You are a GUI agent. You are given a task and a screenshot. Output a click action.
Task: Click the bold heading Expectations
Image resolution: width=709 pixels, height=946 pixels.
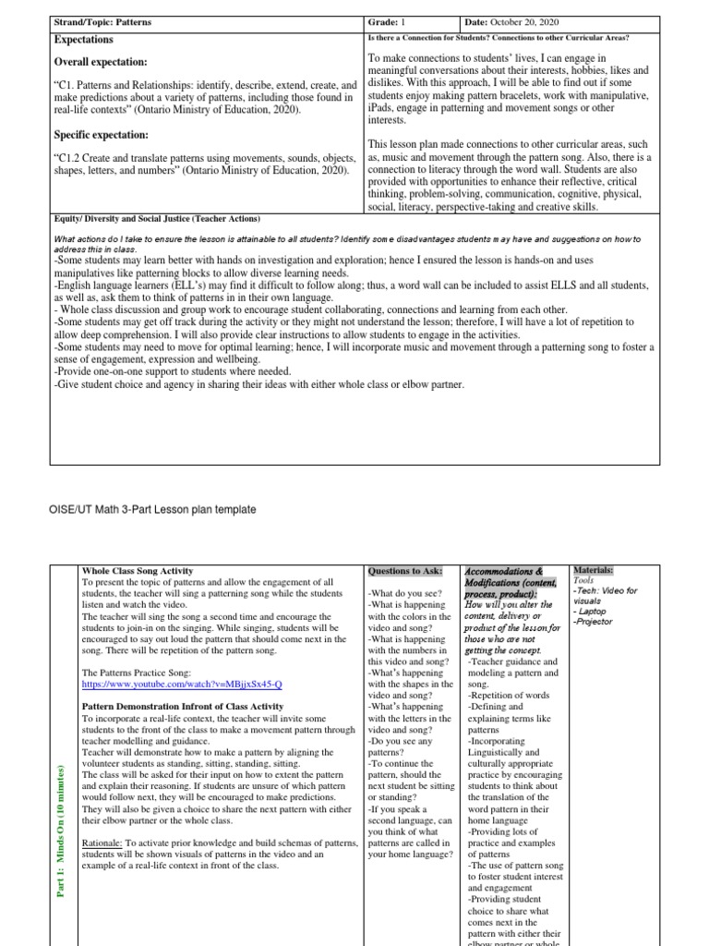coord(83,40)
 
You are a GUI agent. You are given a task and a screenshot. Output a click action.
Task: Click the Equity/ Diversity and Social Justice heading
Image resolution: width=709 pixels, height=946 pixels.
coord(156,219)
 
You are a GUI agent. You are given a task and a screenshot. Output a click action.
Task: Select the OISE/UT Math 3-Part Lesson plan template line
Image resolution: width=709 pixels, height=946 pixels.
coord(145,509)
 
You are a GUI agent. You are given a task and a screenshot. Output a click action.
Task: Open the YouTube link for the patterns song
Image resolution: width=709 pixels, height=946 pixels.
coord(182,685)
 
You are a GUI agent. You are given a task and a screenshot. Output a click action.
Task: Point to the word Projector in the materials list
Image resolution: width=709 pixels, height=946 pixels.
coord(595,622)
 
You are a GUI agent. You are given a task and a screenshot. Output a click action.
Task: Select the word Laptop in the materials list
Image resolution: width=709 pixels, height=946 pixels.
coord(592,611)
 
